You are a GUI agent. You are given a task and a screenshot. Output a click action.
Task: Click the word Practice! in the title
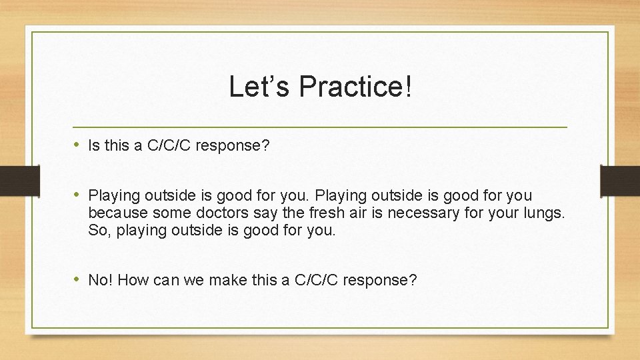pyautogui.click(x=356, y=87)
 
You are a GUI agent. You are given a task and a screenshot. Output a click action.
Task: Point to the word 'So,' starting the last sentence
pyautogui.click(x=99, y=231)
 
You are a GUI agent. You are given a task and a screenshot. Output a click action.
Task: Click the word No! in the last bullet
pyautogui.click(x=100, y=280)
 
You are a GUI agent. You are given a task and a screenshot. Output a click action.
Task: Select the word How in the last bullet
pyautogui.click(x=133, y=280)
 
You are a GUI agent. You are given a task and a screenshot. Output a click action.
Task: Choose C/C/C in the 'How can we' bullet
pyautogui.click(x=317, y=280)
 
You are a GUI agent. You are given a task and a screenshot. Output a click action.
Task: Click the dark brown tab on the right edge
pyautogui.click(x=620, y=181)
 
